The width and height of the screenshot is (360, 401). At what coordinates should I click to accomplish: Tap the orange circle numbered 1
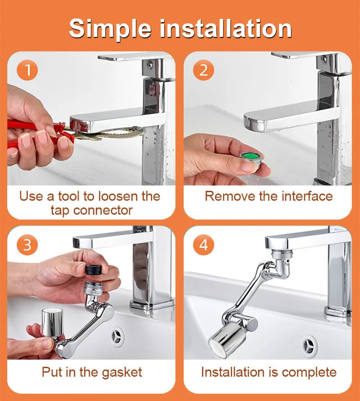pos(27,70)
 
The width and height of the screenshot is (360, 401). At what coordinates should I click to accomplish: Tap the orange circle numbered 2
pos(203,71)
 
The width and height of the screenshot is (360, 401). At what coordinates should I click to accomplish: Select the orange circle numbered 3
pos(27,245)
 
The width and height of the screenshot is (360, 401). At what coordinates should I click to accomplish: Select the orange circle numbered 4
pos(203,245)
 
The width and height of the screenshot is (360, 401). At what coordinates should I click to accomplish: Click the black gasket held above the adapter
pos(94,271)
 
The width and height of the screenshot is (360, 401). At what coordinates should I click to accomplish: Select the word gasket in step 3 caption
pos(121,372)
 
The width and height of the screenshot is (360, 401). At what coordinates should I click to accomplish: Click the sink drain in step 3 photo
pos(118,336)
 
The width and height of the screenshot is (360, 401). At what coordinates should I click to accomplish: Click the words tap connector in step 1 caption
pos(91,210)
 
